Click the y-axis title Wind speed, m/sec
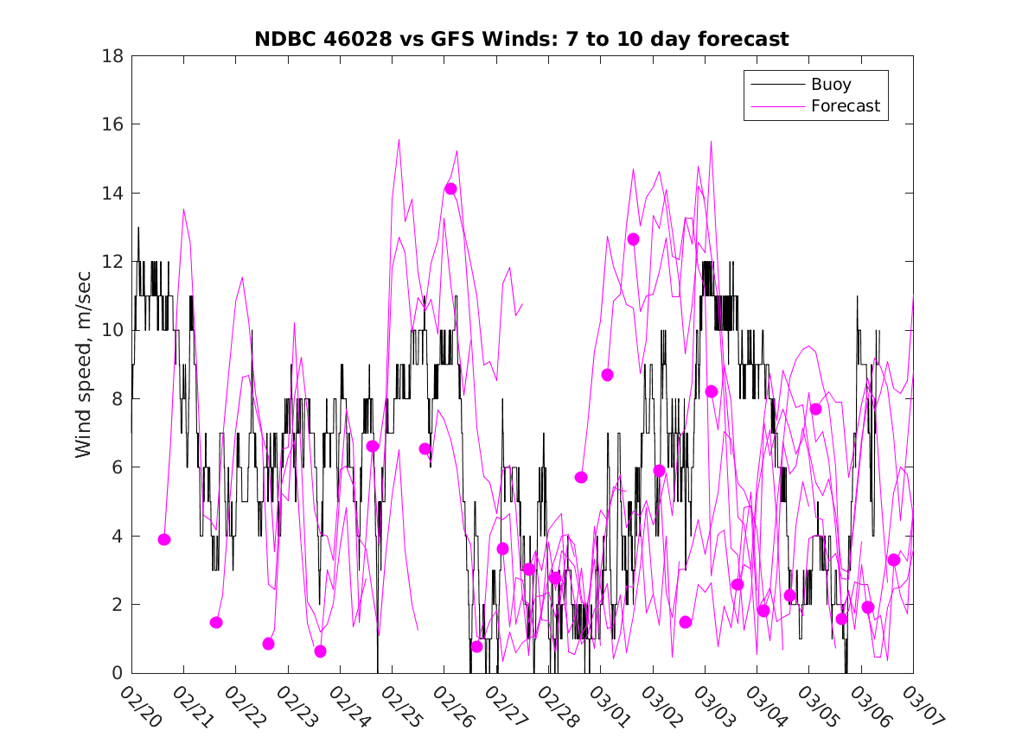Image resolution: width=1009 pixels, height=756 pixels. pos(84,364)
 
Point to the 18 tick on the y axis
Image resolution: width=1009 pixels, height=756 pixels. pos(113,56)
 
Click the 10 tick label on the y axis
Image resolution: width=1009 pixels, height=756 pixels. pos(113,330)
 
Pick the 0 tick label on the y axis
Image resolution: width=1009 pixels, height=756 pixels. pos(118,672)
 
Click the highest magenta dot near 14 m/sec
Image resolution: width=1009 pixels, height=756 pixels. pos(450,188)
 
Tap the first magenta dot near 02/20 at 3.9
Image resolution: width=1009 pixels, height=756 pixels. pos(164,539)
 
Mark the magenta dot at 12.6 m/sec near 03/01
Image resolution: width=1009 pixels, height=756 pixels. pos(633,239)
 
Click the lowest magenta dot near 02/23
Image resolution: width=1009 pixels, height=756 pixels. pos(320,651)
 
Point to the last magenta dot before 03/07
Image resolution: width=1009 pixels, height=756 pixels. pos(893,560)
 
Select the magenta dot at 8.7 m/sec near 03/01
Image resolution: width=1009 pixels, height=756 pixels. pos(607,375)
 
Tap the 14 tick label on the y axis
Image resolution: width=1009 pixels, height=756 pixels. pos(113,193)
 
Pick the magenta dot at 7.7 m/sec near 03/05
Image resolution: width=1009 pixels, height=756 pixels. pos(815,409)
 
